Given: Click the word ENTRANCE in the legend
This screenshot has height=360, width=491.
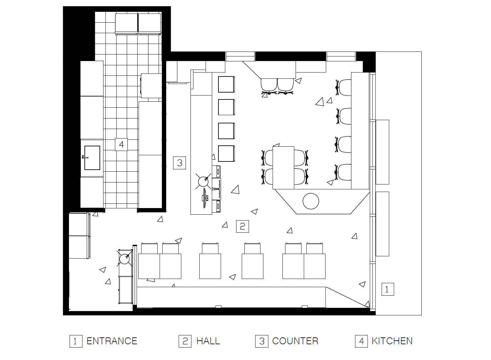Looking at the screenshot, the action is pos(112,341).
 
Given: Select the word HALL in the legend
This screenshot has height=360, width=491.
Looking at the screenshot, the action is pos(208,341).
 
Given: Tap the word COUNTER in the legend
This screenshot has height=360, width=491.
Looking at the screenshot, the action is pos(295,341).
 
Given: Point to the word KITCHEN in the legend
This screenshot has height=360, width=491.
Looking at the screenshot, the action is pos(392,341).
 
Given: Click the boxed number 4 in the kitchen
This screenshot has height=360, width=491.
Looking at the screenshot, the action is pos(121,144).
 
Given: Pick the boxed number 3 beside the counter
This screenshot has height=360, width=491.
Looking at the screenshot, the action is pos(180,163).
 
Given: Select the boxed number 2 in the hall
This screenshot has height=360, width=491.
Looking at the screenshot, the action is pos(242,226).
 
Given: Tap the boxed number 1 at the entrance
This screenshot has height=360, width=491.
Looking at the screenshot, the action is pos(388,289).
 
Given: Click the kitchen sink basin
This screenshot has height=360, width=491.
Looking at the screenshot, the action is pos(92,158).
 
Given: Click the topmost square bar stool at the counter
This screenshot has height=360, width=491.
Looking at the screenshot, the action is pos(226,84).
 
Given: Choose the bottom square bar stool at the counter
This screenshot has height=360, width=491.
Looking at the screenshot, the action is pos(226,154).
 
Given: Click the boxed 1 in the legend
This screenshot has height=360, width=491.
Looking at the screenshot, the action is pos(76,341).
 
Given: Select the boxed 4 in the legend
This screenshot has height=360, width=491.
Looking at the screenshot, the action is pos(362,341).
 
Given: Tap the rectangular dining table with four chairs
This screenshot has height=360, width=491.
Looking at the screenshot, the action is pos(283,168).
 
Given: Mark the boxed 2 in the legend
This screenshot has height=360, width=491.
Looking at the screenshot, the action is pos(185,341).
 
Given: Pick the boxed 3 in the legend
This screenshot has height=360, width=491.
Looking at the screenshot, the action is pos(262,341).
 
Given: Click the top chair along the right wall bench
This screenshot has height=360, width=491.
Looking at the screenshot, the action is pos(344,87).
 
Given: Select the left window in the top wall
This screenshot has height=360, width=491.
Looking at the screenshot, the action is pos(240,56).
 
